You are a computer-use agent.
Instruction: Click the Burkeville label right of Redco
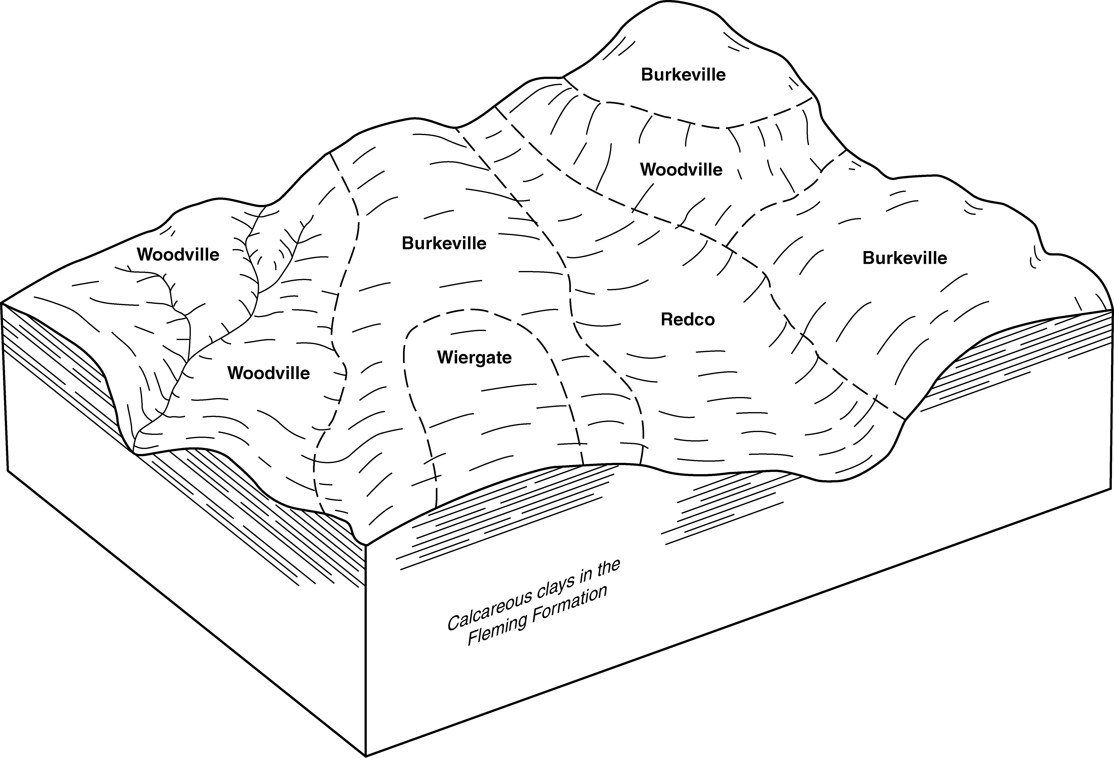point(904,258)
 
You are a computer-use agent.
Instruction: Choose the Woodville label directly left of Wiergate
point(268,373)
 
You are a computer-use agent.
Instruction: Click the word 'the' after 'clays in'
point(608,569)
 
